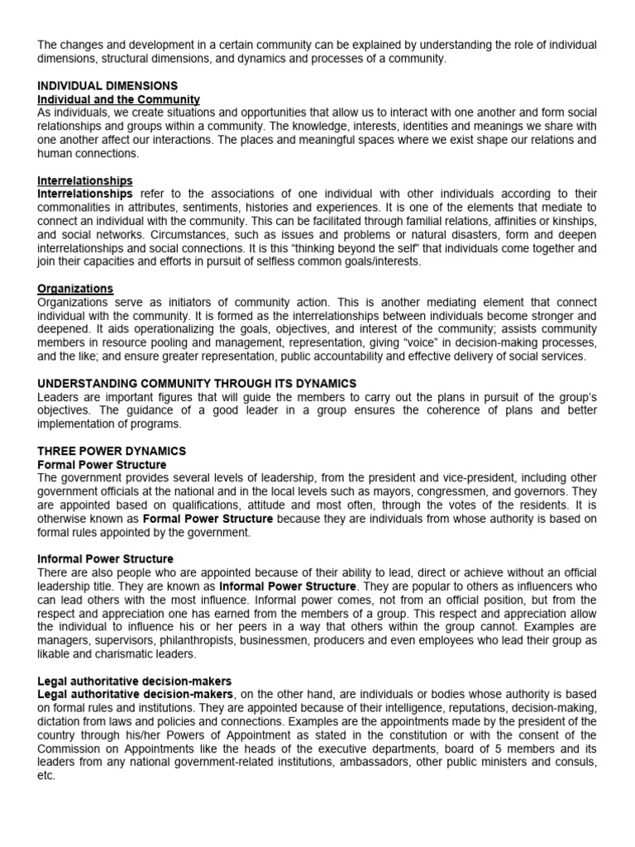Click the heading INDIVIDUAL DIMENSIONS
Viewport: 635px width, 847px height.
click(107, 85)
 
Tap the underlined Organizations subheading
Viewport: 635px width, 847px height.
click(75, 288)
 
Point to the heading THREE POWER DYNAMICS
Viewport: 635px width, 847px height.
click(112, 451)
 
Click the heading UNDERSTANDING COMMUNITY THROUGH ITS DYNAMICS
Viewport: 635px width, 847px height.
click(197, 383)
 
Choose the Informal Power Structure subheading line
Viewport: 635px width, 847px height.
click(105, 558)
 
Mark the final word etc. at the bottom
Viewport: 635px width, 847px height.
click(46, 777)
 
